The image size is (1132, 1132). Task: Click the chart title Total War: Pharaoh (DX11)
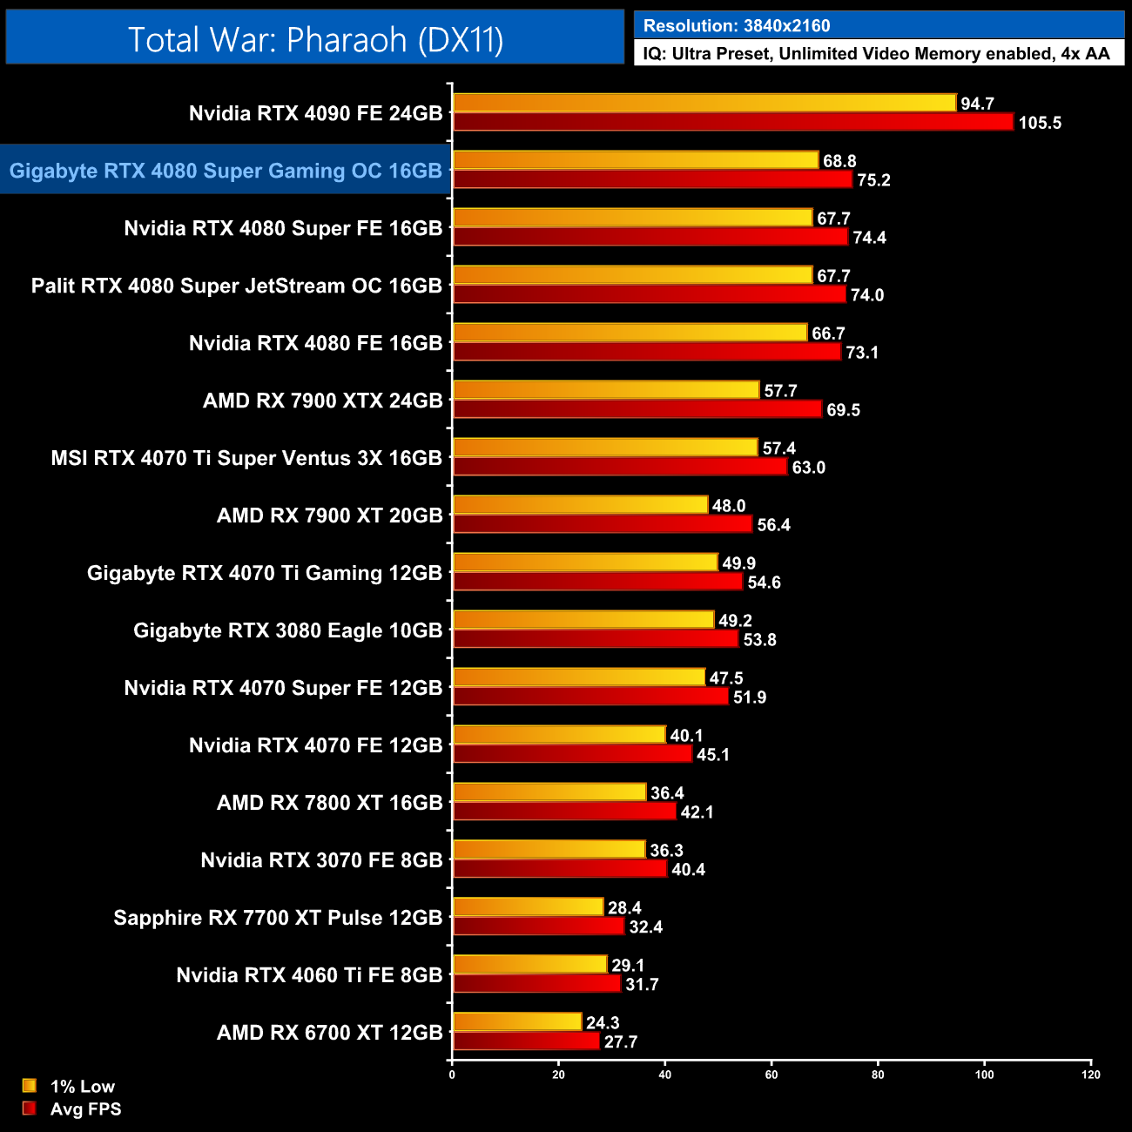(x=315, y=39)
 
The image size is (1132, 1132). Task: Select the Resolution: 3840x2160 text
(x=737, y=26)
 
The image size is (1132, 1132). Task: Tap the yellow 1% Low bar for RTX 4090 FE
(x=704, y=103)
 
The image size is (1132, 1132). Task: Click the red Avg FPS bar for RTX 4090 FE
(x=733, y=122)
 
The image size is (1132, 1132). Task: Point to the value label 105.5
(x=1040, y=123)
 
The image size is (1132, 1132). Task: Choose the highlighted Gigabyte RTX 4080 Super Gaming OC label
(x=226, y=171)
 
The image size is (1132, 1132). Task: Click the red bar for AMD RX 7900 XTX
(x=637, y=409)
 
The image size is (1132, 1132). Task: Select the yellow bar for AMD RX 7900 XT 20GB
(x=581, y=505)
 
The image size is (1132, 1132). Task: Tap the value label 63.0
(x=808, y=468)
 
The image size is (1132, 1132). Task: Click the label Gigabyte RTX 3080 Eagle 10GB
(x=287, y=630)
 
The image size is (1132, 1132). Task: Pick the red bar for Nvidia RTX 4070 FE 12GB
(x=572, y=754)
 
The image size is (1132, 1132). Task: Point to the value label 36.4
(x=667, y=793)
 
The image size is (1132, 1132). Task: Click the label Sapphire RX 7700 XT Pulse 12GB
(x=278, y=918)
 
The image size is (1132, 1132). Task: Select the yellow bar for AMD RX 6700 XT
(x=517, y=1022)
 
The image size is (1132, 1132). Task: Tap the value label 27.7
(x=621, y=1042)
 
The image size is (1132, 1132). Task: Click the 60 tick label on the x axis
(x=772, y=1075)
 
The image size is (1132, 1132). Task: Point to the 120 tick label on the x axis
(x=1091, y=1075)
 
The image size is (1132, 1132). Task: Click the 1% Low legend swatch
(x=30, y=1086)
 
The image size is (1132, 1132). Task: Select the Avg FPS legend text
(x=85, y=1109)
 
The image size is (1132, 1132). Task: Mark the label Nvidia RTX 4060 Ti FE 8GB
(x=309, y=975)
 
